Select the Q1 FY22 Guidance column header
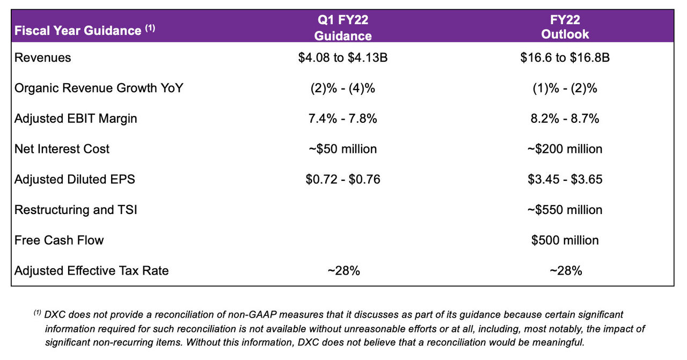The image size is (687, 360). point(343,28)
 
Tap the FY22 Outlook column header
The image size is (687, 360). point(565,28)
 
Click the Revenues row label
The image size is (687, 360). point(43,57)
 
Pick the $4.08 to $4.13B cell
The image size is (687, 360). point(343,57)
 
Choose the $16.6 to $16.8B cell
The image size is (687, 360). point(565,57)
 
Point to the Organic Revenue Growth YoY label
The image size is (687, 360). point(99,88)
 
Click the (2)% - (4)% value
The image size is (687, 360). point(343,88)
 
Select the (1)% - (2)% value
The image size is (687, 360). point(565,88)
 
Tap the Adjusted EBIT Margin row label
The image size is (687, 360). point(76,119)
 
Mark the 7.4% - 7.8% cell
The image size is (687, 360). point(343,119)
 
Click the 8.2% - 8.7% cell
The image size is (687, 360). point(565,119)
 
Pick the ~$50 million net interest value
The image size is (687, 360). point(343,149)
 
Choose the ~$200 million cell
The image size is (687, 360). point(565,149)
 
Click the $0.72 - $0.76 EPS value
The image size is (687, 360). point(343,179)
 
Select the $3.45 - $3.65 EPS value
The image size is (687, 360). point(565,179)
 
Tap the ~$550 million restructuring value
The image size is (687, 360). point(565,210)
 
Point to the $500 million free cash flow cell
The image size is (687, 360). point(565,240)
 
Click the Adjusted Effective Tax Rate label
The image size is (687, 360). point(92,271)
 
